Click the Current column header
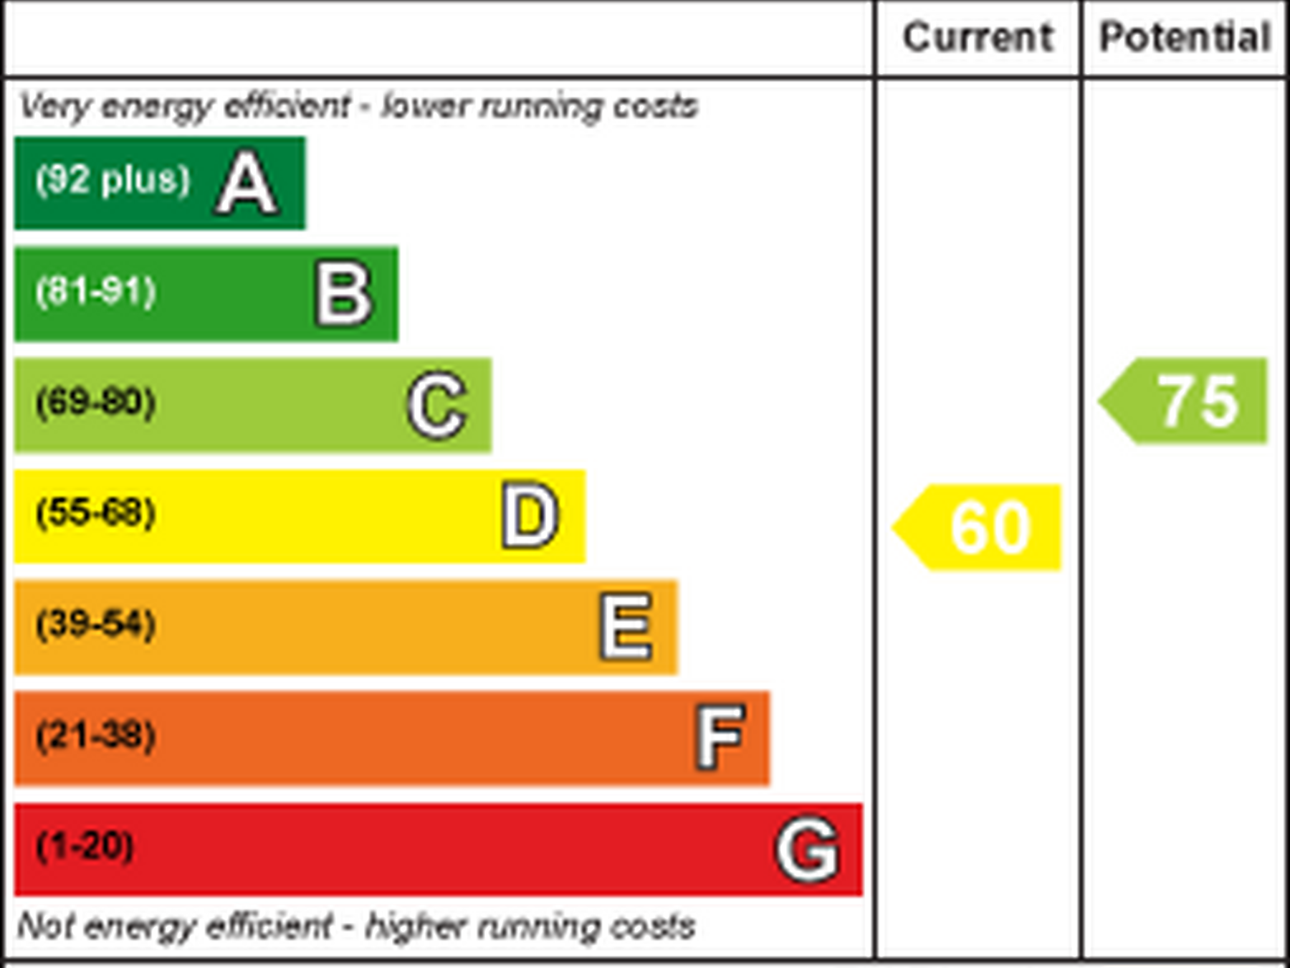pos(978,37)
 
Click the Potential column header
pos(1185,37)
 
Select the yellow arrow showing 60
pos(979,528)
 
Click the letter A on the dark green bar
pos(247,183)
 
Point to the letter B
pos(344,294)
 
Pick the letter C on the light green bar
pos(437,405)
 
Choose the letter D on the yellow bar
pos(530,516)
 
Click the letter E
pos(626,627)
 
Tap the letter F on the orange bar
pos(720,737)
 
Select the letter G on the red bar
pos(808,850)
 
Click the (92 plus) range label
pos(113,179)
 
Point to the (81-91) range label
pos(96,291)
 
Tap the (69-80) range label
pos(96,402)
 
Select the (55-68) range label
pos(96,513)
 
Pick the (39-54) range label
pos(96,624)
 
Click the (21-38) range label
pos(96,735)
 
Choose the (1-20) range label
pos(85,846)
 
